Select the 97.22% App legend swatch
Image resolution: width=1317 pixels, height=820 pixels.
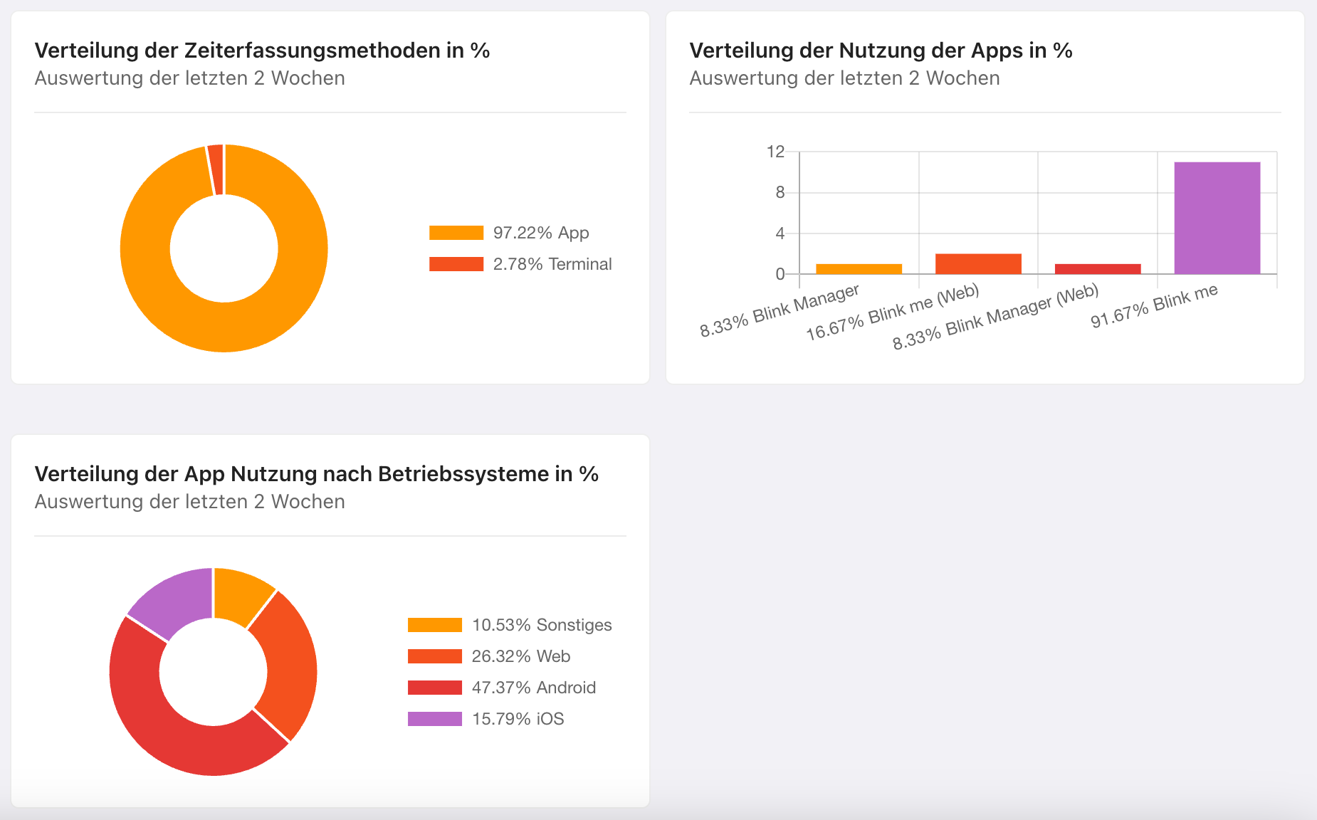pyautogui.click(x=456, y=233)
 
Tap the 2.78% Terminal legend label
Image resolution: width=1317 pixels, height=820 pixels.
pyautogui.click(x=552, y=264)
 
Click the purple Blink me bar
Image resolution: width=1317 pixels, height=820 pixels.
pyautogui.click(x=1217, y=218)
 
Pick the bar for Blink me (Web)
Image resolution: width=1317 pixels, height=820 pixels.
pyautogui.click(x=978, y=263)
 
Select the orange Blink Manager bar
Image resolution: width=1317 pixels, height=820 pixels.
pyautogui.click(x=859, y=268)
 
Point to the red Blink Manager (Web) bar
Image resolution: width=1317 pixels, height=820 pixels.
pyautogui.click(x=1097, y=268)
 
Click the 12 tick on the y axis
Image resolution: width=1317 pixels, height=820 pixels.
pyautogui.click(x=775, y=152)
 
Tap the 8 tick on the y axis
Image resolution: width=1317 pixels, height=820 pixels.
pyautogui.click(x=780, y=192)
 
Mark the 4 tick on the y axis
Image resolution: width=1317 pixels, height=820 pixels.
pyautogui.click(x=780, y=233)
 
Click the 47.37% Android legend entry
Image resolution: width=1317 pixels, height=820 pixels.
pyautogui.click(x=533, y=688)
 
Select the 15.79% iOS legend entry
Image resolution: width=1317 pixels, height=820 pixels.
pyautogui.click(x=518, y=719)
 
